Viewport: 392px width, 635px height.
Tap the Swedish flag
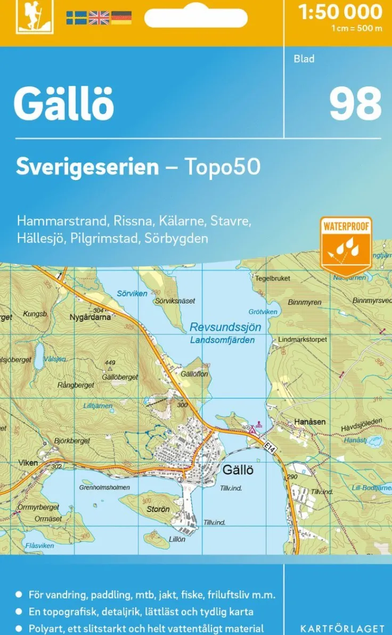[76, 18]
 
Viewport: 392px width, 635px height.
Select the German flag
[121, 18]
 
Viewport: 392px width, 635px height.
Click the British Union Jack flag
[99, 18]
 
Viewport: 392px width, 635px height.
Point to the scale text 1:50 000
[340, 12]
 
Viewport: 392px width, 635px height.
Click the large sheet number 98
[355, 104]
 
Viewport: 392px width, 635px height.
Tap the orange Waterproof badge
[346, 246]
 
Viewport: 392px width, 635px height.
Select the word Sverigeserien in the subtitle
[87, 167]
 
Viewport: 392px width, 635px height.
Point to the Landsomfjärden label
[222, 340]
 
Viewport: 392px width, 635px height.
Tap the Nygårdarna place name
[90, 316]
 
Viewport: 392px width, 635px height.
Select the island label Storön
[158, 509]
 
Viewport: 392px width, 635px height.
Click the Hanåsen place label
[309, 421]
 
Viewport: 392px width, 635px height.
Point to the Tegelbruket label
[272, 279]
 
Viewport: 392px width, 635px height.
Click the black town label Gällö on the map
[238, 470]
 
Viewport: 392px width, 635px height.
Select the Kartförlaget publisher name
[342, 629]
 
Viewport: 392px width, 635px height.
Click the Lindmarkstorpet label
[303, 339]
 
